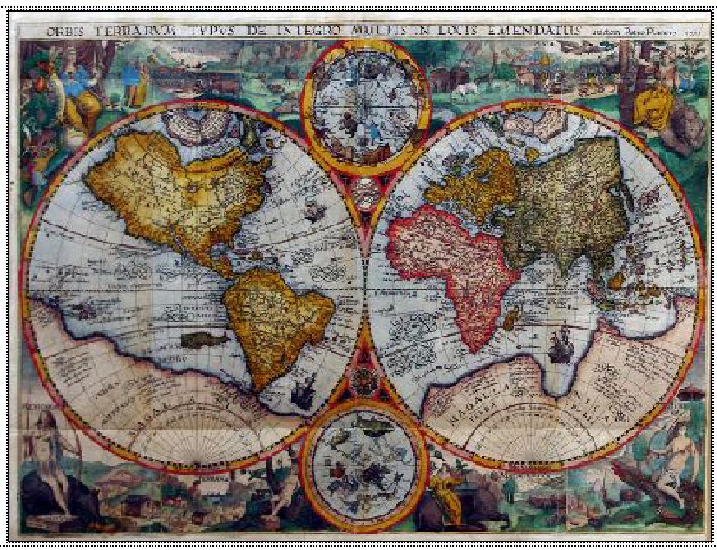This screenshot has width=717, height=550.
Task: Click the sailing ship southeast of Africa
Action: tap(559, 343)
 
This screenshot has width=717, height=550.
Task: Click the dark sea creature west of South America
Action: tap(199, 340)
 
